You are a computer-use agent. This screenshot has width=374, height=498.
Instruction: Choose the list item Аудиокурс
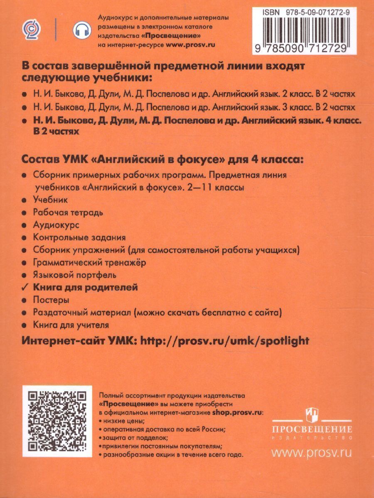coord(56,225)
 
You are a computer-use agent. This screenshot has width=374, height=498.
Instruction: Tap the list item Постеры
coord(51,299)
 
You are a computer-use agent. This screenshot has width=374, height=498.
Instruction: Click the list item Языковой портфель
coord(74,274)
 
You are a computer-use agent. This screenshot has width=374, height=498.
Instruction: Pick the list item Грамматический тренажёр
coord(89,262)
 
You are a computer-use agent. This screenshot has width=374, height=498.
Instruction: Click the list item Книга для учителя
coord(71,324)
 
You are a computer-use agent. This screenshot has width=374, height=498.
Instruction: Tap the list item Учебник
coord(50,200)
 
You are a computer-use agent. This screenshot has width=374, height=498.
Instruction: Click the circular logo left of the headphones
coord(29,29)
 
